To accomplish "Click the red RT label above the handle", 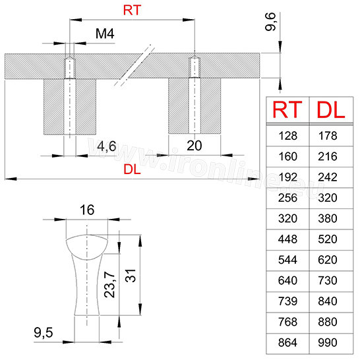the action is click(132, 11).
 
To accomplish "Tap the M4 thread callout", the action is click(105, 34).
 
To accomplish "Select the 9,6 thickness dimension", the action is click(270, 22).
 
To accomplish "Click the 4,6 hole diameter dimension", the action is click(107, 146).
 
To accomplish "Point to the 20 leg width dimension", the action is click(195, 146).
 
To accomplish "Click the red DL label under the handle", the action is click(132, 169).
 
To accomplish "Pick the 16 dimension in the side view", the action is click(87, 210).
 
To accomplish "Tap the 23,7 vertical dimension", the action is click(109, 284).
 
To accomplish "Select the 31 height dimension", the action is click(131, 276).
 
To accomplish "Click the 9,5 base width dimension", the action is click(43, 333).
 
